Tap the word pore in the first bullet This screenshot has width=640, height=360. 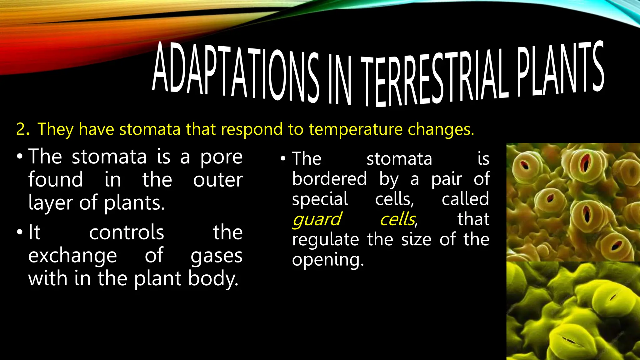click(x=221, y=157)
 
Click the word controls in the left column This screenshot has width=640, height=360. click(x=127, y=232)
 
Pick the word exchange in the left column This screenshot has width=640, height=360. click(x=72, y=256)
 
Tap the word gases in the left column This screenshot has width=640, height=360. click(x=217, y=256)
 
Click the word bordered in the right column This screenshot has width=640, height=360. click(x=329, y=179)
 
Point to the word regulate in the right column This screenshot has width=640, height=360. click(x=325, y=240)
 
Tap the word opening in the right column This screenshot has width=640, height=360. click(x=327, y=260)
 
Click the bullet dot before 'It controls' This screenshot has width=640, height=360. click(x=20, y=232)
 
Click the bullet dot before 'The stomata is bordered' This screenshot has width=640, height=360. click(x=283, y=159)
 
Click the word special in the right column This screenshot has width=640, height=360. click(x=320, y=199)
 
